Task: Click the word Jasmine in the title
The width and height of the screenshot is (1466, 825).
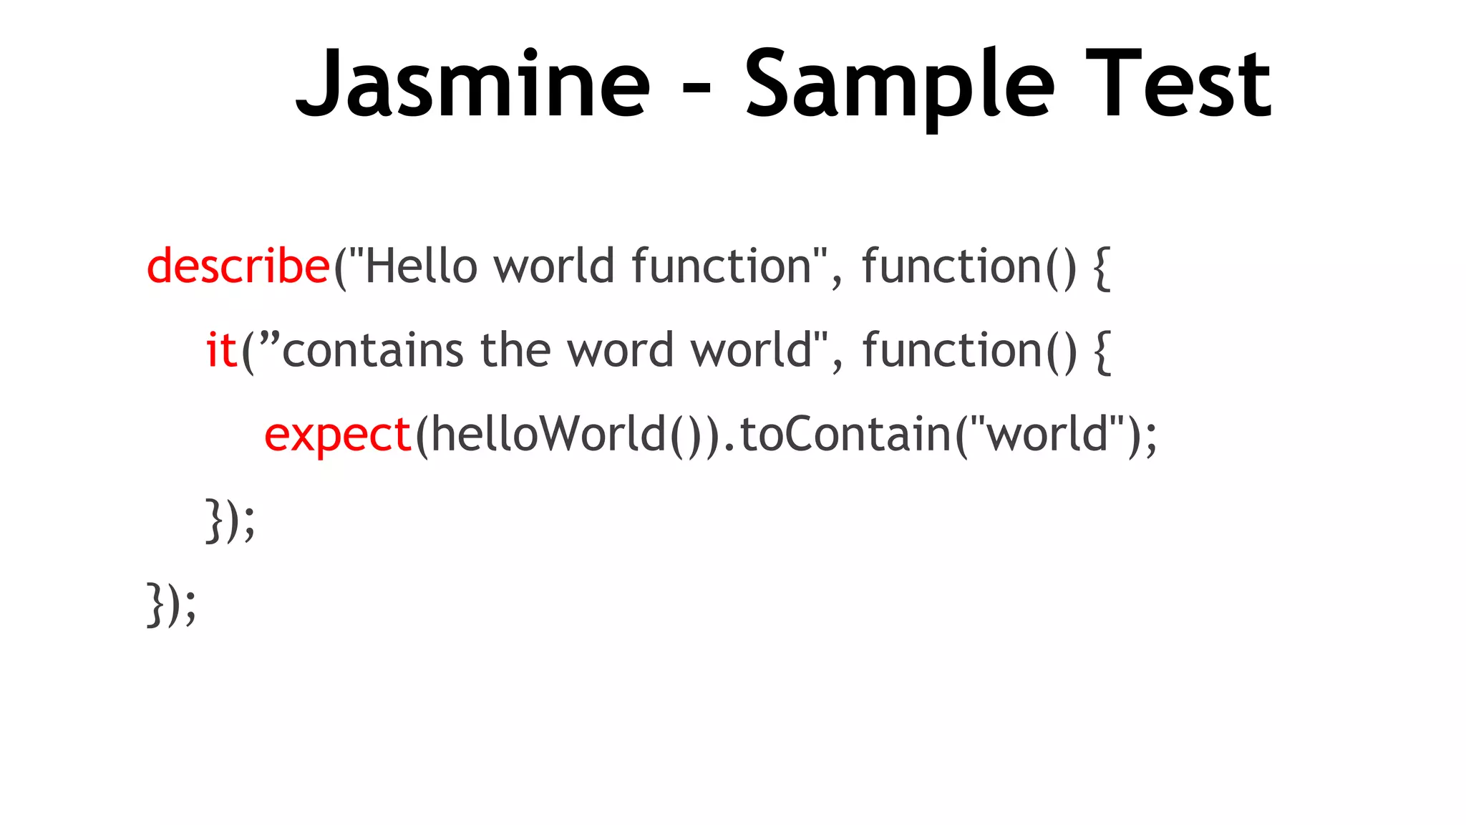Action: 472,85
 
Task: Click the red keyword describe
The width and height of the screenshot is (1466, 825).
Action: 238,266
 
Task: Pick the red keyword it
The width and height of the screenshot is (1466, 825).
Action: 221,350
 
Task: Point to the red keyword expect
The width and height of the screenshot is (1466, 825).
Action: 338,435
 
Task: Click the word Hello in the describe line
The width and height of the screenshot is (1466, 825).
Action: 422,266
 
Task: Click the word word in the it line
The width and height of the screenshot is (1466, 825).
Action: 620,350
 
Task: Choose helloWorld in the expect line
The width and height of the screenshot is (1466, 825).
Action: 548,434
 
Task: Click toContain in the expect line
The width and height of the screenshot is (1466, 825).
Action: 845,434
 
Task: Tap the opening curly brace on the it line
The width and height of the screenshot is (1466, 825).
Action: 1103,352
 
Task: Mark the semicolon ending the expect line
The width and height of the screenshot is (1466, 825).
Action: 1150,437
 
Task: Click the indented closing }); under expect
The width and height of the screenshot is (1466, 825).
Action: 230,520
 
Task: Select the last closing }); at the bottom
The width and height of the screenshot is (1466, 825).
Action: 171,604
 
